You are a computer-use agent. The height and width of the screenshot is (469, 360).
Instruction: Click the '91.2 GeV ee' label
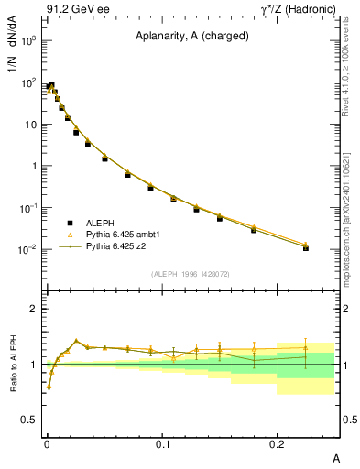71,9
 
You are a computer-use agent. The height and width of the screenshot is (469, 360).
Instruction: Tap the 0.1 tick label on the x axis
162,442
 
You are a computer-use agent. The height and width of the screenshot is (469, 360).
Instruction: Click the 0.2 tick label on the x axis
278,442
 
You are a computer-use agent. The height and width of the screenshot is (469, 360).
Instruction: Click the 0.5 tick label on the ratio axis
27,420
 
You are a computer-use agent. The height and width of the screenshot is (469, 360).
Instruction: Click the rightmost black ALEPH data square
306,247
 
